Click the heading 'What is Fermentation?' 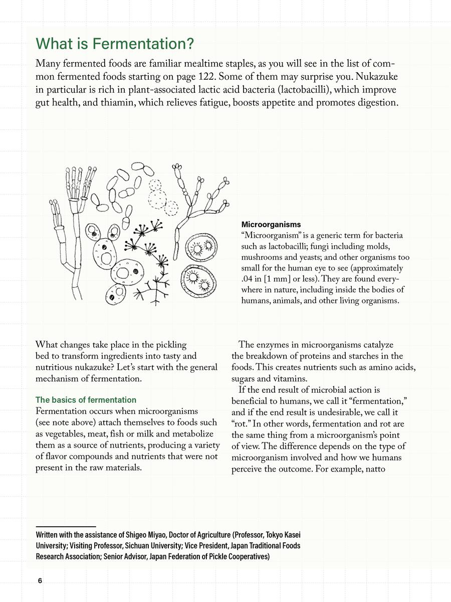coord(115,44)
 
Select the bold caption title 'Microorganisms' coord(271,224)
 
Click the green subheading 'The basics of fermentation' coord(86,400)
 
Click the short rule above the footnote coord(66,526)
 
